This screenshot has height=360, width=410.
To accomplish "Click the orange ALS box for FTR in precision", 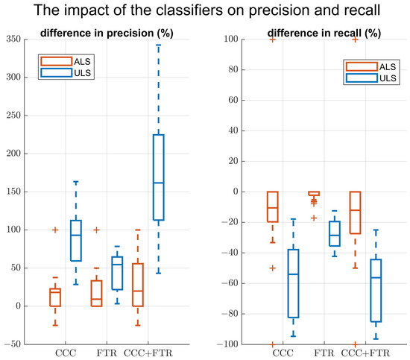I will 95,293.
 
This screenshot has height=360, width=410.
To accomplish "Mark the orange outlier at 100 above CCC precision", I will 55,230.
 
